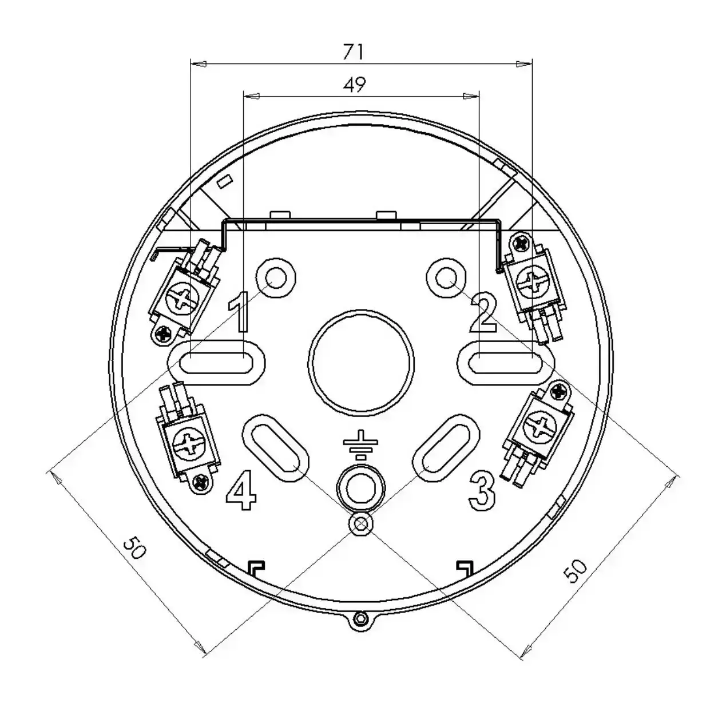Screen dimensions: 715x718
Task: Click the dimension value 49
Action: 354,85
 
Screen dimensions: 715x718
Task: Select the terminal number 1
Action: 240,312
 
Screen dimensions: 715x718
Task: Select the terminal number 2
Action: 482,313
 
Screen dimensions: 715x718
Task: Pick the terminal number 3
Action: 482,490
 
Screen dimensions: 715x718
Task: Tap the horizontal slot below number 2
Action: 505,363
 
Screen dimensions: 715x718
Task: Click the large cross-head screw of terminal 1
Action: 185,299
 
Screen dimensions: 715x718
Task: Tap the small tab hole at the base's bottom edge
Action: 360,618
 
